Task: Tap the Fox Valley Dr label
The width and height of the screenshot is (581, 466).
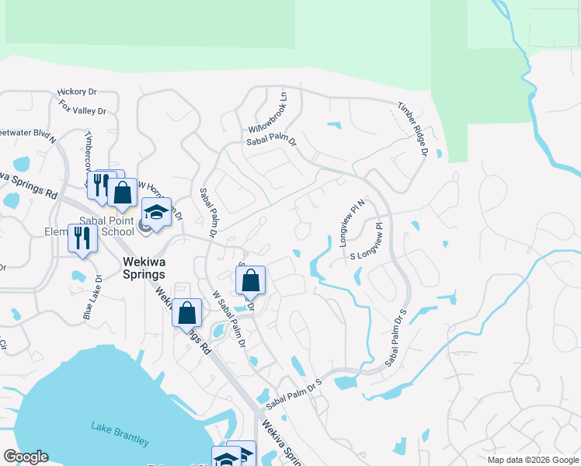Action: (x=82, y=111)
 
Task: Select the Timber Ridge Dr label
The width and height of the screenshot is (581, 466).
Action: (x=412, y=129)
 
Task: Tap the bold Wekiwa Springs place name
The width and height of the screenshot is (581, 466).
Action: (x=144, y=268)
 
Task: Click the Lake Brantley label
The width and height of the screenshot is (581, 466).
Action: (x=120, y=433)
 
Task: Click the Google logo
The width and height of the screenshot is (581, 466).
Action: (x=26, y=457)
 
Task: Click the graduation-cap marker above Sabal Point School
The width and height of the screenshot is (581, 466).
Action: (x=156, y=212)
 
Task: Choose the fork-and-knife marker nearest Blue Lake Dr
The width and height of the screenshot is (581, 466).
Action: (x=82, y=238)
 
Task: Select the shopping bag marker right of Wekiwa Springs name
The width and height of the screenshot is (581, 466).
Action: (x=251, y=280)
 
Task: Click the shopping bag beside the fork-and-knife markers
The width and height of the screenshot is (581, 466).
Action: (x=123, y=193)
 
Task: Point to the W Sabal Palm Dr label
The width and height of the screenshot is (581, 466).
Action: (x=230, y=318)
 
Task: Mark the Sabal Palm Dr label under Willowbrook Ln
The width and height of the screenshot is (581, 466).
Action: (x=272, y=141)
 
